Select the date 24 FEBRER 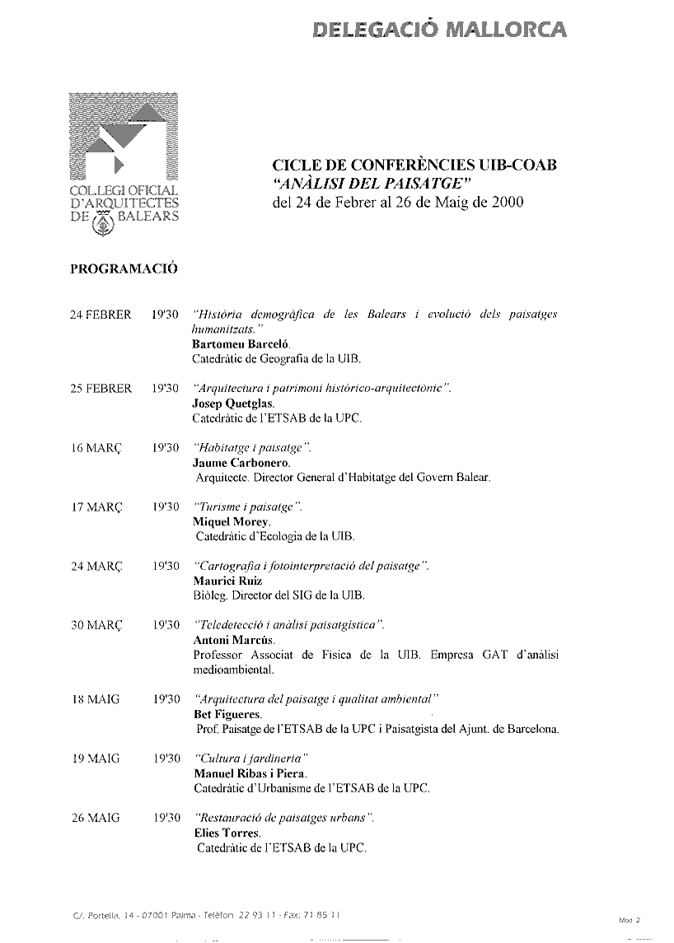(101, 315)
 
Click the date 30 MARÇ (96, 625)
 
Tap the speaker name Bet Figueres (227, 714)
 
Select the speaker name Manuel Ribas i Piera (250, 773)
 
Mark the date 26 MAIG (96, 818)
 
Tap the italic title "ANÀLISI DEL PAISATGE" (371, 183)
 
